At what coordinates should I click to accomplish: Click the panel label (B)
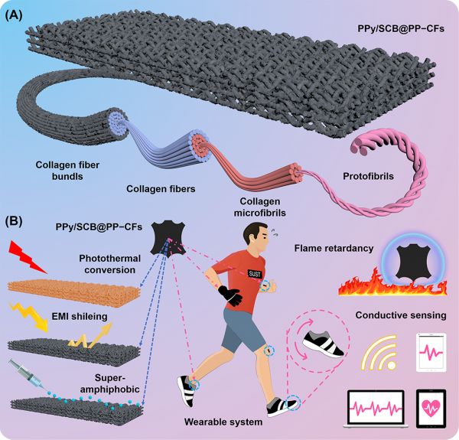(x=14, y=222)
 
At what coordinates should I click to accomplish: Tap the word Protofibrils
(x=368, y=176)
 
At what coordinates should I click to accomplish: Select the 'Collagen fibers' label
(x=161, y=189)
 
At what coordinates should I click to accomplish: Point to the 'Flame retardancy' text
(x=334, y=249)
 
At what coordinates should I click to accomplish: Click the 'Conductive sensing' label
(x=401, y=315)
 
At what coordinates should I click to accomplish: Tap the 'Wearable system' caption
(x=223, y=422)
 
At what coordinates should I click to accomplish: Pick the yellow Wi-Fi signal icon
(x=379, y=354)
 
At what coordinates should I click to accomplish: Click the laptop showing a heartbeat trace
(x=376, y=409)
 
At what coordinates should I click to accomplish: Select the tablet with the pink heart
(x=431, y=408)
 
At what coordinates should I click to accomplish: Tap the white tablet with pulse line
(x=431, y=353)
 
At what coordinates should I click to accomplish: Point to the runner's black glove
(x=230, y=295)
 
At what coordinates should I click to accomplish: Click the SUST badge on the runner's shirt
(x=255, y=274)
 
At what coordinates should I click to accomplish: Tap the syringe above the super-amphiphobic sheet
(x=26, y=376)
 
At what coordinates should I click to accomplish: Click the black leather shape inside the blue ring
(x=413, y=262)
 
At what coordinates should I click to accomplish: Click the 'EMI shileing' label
(x=80, y=317)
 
